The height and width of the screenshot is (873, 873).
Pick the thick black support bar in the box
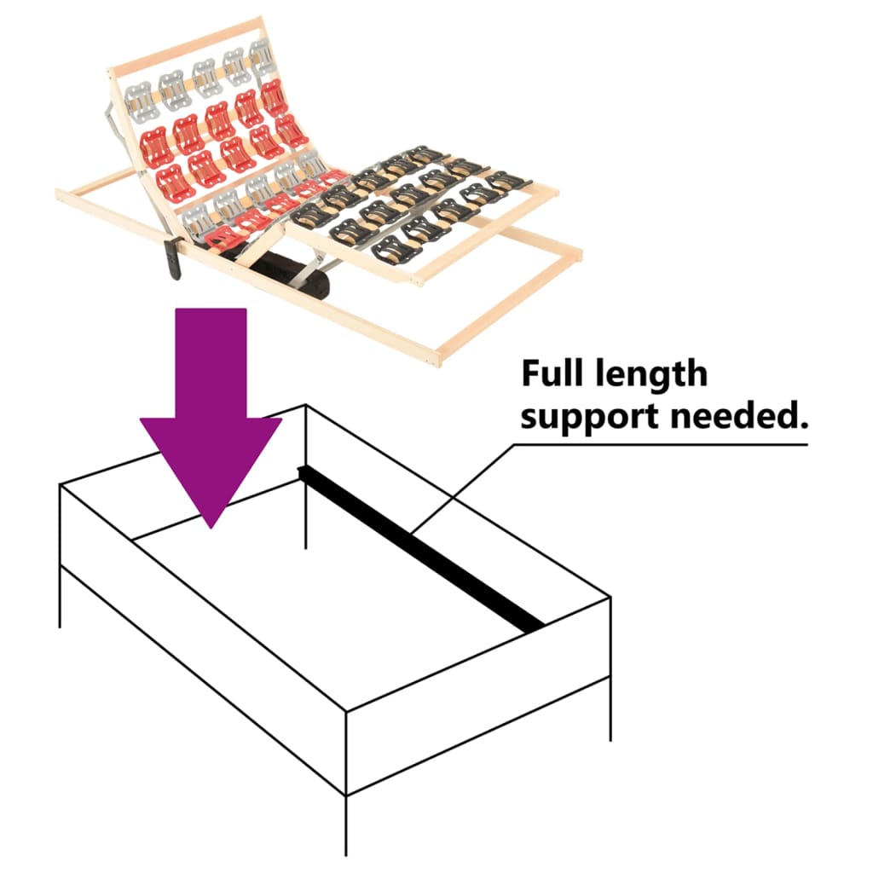421,549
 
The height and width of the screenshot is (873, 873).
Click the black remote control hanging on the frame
174,257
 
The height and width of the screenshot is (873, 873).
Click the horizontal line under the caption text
661,444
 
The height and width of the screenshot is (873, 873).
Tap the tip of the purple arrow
211,529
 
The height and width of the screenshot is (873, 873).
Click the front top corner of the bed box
346,711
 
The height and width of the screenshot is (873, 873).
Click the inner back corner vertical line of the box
306,477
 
